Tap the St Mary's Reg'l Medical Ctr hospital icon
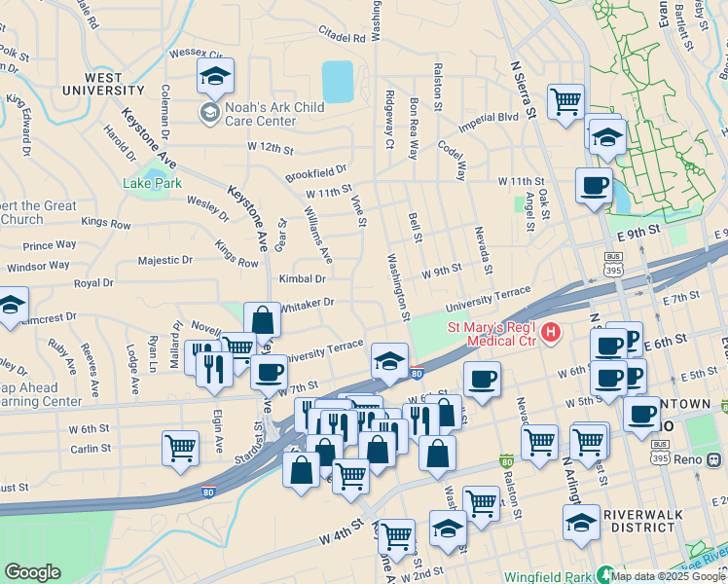(551, 334)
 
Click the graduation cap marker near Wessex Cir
(216, 75)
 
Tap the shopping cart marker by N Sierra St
(565, 101)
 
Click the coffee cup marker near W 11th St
(594, 185)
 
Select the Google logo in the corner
(32, 572)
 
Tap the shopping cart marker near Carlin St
(181, 449)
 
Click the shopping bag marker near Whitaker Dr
(263, 319)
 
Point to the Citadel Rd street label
(340, 38)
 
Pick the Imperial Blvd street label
(489, 117)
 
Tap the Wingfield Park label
(546, 574)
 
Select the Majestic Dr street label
(165, 261)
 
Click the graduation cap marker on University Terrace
(389, 361)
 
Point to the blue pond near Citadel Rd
(338, 82)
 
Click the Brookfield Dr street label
(316, 171)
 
